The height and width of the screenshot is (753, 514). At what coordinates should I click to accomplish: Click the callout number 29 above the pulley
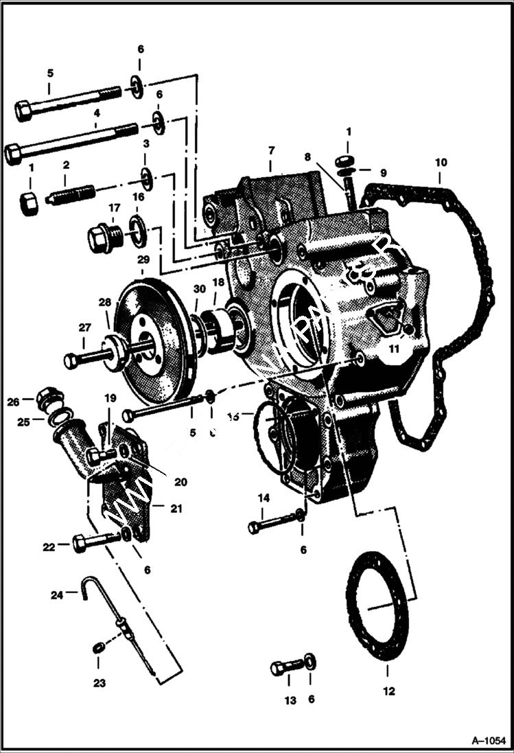click(142, 259)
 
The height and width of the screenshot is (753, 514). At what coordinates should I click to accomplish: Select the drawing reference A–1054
click(489, 741)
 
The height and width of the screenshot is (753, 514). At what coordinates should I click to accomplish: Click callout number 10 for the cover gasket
click(440, 163)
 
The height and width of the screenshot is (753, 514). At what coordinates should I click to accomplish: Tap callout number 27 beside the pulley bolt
click(84, 327)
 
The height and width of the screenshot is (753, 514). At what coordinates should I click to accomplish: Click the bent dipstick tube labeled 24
click(86, 589)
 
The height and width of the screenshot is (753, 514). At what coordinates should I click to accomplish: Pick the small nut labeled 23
click(98, 647)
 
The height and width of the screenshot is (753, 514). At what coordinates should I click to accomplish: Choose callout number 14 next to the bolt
click(264, 498)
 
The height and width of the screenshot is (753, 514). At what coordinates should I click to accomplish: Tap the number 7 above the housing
click(272, 149)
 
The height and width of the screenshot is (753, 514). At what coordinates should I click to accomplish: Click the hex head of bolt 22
click(80, 545)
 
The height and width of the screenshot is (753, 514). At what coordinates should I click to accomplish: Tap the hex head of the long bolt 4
click(13, 154)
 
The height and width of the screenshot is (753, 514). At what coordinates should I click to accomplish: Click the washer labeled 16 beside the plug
click(138, 228)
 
